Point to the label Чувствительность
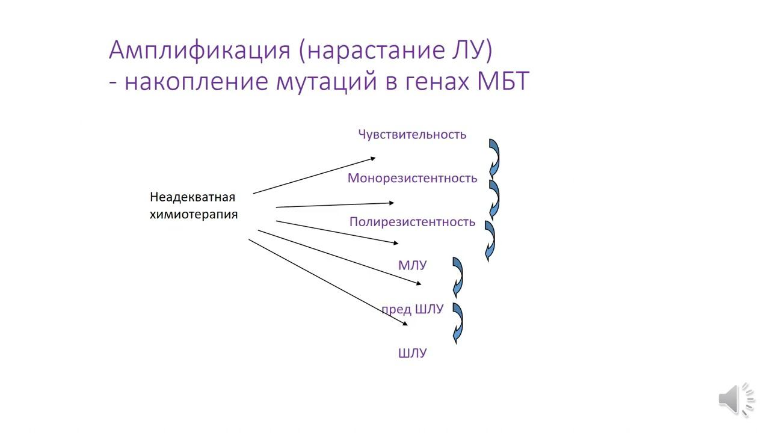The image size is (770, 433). [412, 134]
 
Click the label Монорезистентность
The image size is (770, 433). [412, 178]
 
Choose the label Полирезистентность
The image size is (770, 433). [412, 222]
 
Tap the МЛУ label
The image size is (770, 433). [412, 265]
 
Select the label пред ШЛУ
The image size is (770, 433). [412, 309]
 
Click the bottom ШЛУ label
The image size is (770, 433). [412, 353]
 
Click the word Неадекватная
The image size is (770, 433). [192, 197]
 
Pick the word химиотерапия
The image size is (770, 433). [193, 214]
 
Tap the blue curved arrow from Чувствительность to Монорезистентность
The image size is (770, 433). [494, 158]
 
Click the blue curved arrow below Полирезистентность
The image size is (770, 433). [490, 241]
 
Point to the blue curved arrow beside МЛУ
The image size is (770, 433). [458, 277]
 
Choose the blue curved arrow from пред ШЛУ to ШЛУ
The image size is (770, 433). [458, 323]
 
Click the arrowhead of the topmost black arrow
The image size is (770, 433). [372, 159]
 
